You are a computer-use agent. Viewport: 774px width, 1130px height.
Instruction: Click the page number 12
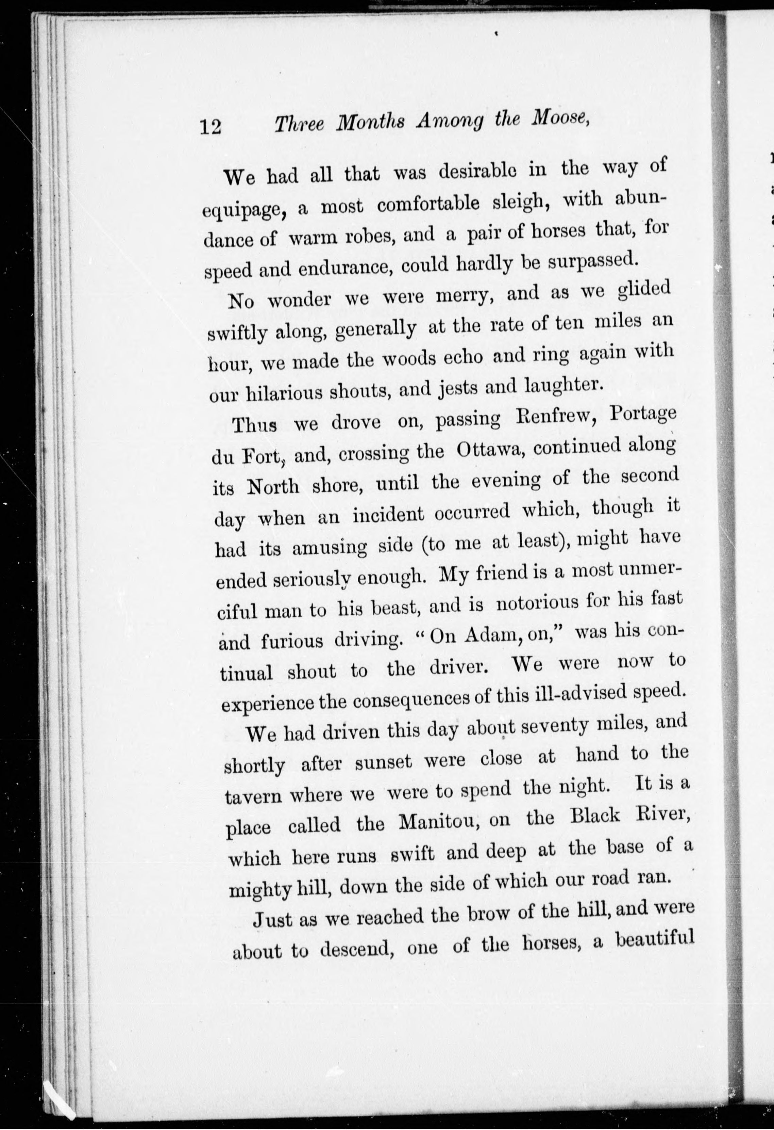click(x=211, y=127)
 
